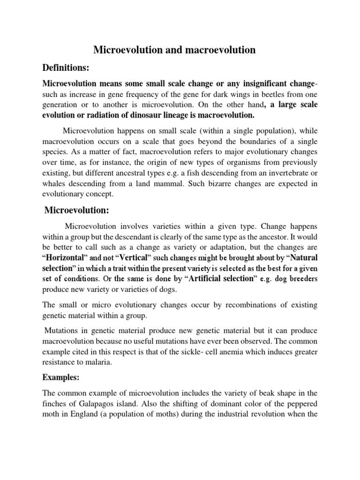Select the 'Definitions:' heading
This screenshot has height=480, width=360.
point(66,68)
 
